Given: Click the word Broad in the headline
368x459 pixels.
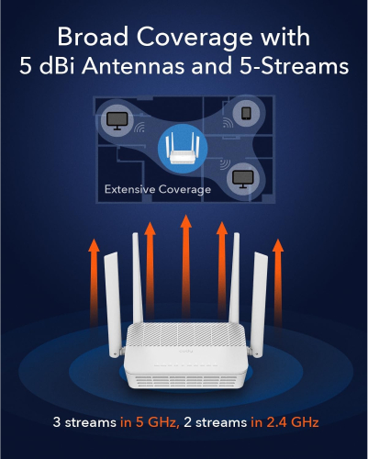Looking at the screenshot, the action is pos(93,37).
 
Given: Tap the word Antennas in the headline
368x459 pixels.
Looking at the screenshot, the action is pos(133,65).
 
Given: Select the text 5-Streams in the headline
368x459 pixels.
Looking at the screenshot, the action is pos(294,65).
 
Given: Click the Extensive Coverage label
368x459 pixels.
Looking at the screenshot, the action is pos(158,189).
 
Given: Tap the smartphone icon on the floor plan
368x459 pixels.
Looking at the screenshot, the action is pos(246,113).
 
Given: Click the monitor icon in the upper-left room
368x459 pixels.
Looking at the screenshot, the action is pos(117,120).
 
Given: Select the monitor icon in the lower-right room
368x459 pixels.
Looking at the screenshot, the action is pos(242,179).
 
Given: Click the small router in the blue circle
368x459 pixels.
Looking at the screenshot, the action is pos(183,149).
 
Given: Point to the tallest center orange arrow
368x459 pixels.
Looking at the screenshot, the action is pos(185,266).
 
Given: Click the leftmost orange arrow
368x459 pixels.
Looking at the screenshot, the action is pos(94,283).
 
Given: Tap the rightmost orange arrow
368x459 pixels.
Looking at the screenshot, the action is pos(278,283).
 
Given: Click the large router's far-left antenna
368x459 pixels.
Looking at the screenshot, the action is pos(113,305).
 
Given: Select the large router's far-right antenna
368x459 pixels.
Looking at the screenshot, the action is pos(259,305).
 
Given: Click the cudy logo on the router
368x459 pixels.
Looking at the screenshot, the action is pos(186,351).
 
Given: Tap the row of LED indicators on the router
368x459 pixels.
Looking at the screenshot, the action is pos(185,365).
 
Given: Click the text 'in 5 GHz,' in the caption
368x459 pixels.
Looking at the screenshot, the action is pos(150,422).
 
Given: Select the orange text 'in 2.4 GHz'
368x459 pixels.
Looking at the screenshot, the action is pos(284,422).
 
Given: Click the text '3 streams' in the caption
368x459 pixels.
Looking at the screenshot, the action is pos(84,422).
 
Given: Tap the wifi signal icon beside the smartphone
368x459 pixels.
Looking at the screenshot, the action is pos(228,123).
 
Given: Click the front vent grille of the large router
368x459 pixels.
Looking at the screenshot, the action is pos(185,382).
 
